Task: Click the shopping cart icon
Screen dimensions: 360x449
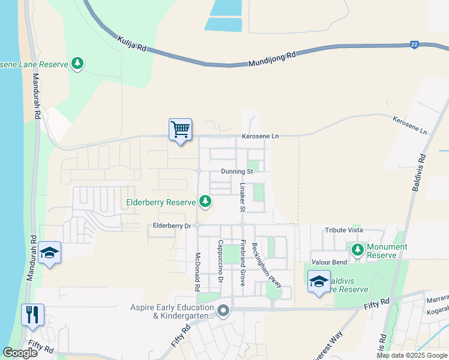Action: (x=180, y=129)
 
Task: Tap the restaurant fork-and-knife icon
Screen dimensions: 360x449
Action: (x=32, y=314)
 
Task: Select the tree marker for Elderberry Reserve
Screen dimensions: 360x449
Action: (x=206, y=201)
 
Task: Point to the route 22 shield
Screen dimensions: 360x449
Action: (x=414, y=45)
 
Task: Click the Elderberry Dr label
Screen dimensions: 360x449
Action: (x=172, y=226)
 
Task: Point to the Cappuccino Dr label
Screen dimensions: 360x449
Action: (x=221, y=262)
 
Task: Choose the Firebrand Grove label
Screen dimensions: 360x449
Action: (x=243, y=262)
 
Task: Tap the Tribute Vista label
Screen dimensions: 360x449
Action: (x=344, y=230)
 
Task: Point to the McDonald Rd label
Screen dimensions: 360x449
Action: (x=197, y=271)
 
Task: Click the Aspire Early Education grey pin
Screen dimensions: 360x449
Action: (x=223, y=311)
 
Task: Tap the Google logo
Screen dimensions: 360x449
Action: (x=20, y=353)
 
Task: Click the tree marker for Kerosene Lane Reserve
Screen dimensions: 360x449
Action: (x=77, y=62)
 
